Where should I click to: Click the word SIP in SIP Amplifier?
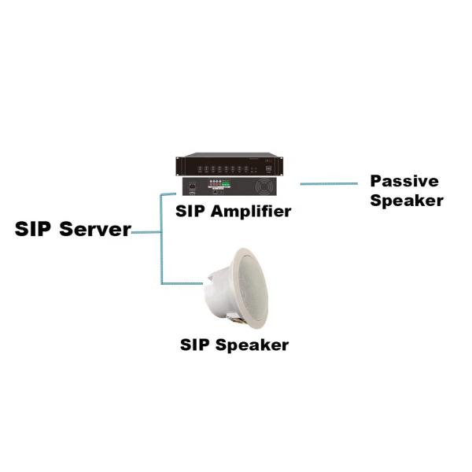(193, 211)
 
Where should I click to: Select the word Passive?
(404, 181)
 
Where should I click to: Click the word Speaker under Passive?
(406, 200)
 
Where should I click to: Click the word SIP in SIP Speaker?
(197, 345)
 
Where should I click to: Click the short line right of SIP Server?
(146, 233)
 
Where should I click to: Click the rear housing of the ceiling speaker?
(216, 296)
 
